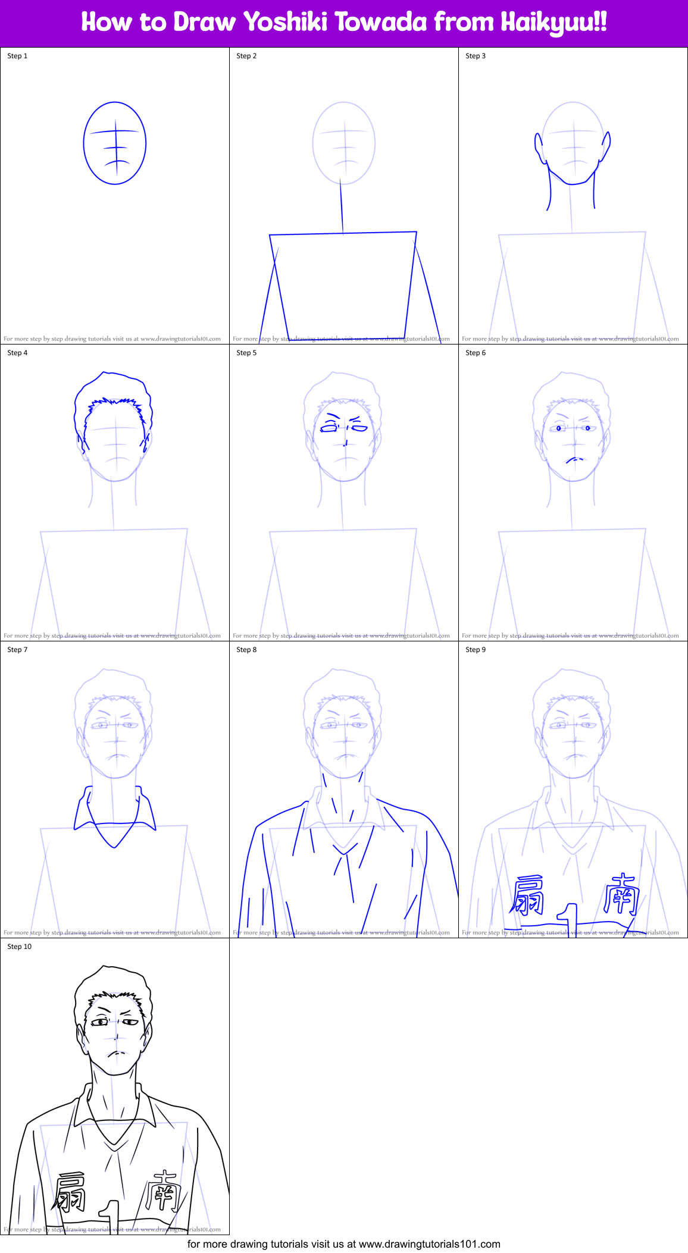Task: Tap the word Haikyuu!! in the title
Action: click(x=553, y=23)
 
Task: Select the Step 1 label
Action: click(x=17, y=56)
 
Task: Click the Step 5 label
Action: click(x=246, y=353)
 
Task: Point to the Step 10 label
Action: click(x=19, y=947)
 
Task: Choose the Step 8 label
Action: click(x=246, y=650)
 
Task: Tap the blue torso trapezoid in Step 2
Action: click(x=343, y=286)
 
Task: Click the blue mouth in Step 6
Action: click(x=574, y=459)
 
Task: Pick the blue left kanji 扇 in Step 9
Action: click(x=527, y=895)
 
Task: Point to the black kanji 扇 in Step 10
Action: click(x=70, y=1192)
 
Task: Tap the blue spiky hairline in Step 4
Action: click(x=114, y=405)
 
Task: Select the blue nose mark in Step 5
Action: click(x=346, y=442)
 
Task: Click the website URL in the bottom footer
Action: click(x=429, y=1244)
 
